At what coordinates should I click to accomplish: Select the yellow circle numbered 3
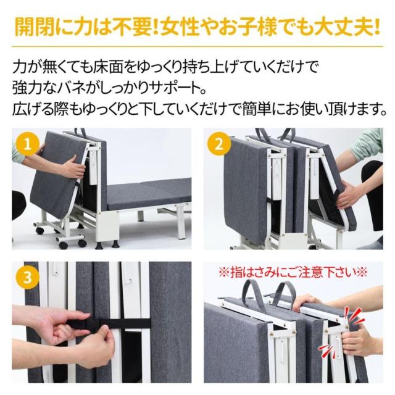pos(27,277)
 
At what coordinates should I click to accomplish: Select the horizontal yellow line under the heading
pos(197,47)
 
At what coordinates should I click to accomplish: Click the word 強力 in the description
pos(27,88)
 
